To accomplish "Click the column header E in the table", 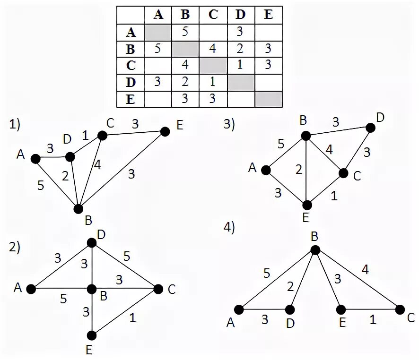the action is point(268,15).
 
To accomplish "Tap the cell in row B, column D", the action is point(241,49).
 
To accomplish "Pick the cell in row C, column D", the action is point(241,65).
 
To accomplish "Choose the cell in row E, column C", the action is point(213,99).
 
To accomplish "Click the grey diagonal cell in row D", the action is point(241,82).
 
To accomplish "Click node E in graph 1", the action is point(165,132).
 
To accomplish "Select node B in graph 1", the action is point(79,208).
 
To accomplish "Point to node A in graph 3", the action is point(266,170).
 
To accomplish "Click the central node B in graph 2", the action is point(92,288).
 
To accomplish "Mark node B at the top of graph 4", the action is point(315,249).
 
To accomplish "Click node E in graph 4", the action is point(340,310).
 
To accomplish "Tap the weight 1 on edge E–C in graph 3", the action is point(334,194).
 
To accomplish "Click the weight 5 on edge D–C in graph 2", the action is point(126,256).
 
